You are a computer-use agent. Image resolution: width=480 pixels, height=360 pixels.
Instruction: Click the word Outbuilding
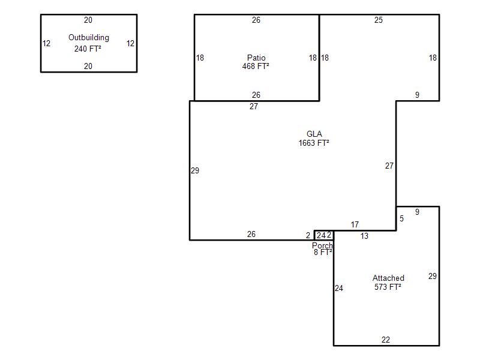click(x=89, y=38)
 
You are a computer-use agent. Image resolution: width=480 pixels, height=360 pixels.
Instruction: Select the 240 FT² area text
click(x=88, y=49)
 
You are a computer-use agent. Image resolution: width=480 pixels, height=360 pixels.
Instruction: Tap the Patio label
click(x=256, y=58)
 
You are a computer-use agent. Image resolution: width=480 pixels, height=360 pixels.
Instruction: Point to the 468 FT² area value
click(x=256, y=66)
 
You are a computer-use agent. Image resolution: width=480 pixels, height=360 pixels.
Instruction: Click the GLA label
click(x=314, y=134)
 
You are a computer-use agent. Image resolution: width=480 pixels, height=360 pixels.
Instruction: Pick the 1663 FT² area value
click(x=314, y=143)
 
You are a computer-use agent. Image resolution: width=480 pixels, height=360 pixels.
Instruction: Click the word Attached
click(x=388, y=278)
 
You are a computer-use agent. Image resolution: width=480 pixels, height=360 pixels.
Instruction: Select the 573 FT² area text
click(x=388, y=287)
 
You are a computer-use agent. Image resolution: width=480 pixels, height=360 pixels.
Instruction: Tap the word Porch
click(x=322, y=245)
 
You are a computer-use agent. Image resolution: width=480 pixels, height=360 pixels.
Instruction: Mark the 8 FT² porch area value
click(x=323, y=252)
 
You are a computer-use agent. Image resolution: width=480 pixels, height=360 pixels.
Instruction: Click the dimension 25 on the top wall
click(x=379, y=20)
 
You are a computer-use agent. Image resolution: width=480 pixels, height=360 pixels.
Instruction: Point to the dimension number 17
click(x=355, y=224)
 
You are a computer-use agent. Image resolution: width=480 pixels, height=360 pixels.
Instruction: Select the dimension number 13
click(x=364, y=236)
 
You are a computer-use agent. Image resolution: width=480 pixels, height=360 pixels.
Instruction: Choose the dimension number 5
click(x=401, y=218)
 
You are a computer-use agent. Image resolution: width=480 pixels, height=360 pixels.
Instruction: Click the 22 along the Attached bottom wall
click(x=386, y=340)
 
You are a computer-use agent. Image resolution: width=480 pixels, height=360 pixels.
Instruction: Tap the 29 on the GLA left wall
click(x=195, y=170)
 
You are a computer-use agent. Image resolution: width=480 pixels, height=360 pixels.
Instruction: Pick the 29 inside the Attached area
click(x=432, y=276)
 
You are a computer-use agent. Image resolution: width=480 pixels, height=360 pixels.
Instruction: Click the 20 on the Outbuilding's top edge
click(x=88, y=20)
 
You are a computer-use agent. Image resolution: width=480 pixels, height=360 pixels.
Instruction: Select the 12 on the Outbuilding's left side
click(x=47, y=43)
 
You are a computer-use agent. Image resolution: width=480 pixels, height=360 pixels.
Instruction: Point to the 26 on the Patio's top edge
click(x=256, y=20)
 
